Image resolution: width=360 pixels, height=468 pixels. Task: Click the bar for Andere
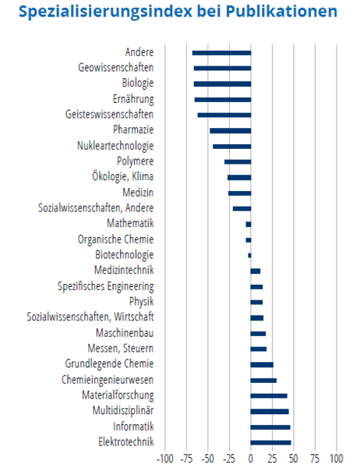[x=221, y=53]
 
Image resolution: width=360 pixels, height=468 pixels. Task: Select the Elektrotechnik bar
[x=271, y=442]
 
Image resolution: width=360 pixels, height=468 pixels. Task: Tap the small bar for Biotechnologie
[x=249, y=256]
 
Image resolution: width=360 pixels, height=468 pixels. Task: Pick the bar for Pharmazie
[x=231, y=131]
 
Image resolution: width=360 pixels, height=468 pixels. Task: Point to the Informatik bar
[x=270, y=427]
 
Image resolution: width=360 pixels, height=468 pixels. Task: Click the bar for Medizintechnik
[x=256, y=271]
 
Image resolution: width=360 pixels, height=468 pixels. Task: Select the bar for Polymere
[x=238, y=162]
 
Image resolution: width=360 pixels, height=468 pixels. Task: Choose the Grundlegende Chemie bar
[x=262, y=365]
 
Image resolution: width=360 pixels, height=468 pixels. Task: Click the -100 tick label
[x=165, y=458]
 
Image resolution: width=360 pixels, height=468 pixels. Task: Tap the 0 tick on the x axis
[x=251, y=458]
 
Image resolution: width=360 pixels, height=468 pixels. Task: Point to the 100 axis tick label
[x=337, y=458]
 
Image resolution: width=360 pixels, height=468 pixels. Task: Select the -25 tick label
[x=229, y=458]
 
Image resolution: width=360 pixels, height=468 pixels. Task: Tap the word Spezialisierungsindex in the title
[x=105, y=12]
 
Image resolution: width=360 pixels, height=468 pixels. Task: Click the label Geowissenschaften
[x=116, y=67]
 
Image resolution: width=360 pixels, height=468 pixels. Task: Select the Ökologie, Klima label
[x=122, y=176]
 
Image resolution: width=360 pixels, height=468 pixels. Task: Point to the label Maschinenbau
[x=125, y=332]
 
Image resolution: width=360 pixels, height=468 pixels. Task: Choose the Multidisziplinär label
[x=123, y=410]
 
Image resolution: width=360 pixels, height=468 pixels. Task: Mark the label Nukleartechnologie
[x=115, y=146]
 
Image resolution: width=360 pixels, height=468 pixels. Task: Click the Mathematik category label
[x=130, y=223]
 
